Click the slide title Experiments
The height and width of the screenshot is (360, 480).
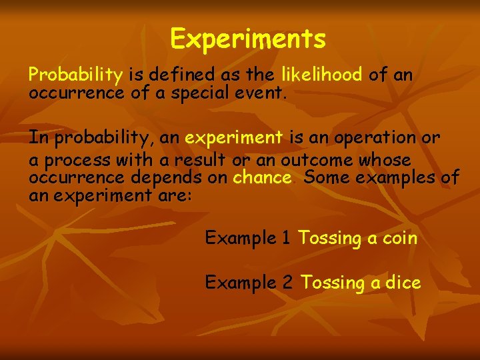(248, 39)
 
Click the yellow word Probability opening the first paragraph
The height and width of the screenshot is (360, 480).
(75, 75)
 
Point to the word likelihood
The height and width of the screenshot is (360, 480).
(323, 75)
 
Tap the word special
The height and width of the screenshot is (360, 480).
(199, 93)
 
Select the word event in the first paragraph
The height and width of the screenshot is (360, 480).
(263, 93)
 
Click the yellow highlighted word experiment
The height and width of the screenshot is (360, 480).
(233, 138)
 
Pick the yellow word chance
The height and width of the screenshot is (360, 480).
(262, 178)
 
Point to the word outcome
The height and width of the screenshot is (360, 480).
(317, 161)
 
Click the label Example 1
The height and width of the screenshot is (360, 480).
(248, 237)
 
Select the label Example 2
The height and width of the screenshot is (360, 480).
(248, 283)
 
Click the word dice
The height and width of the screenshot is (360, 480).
(403, 283)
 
